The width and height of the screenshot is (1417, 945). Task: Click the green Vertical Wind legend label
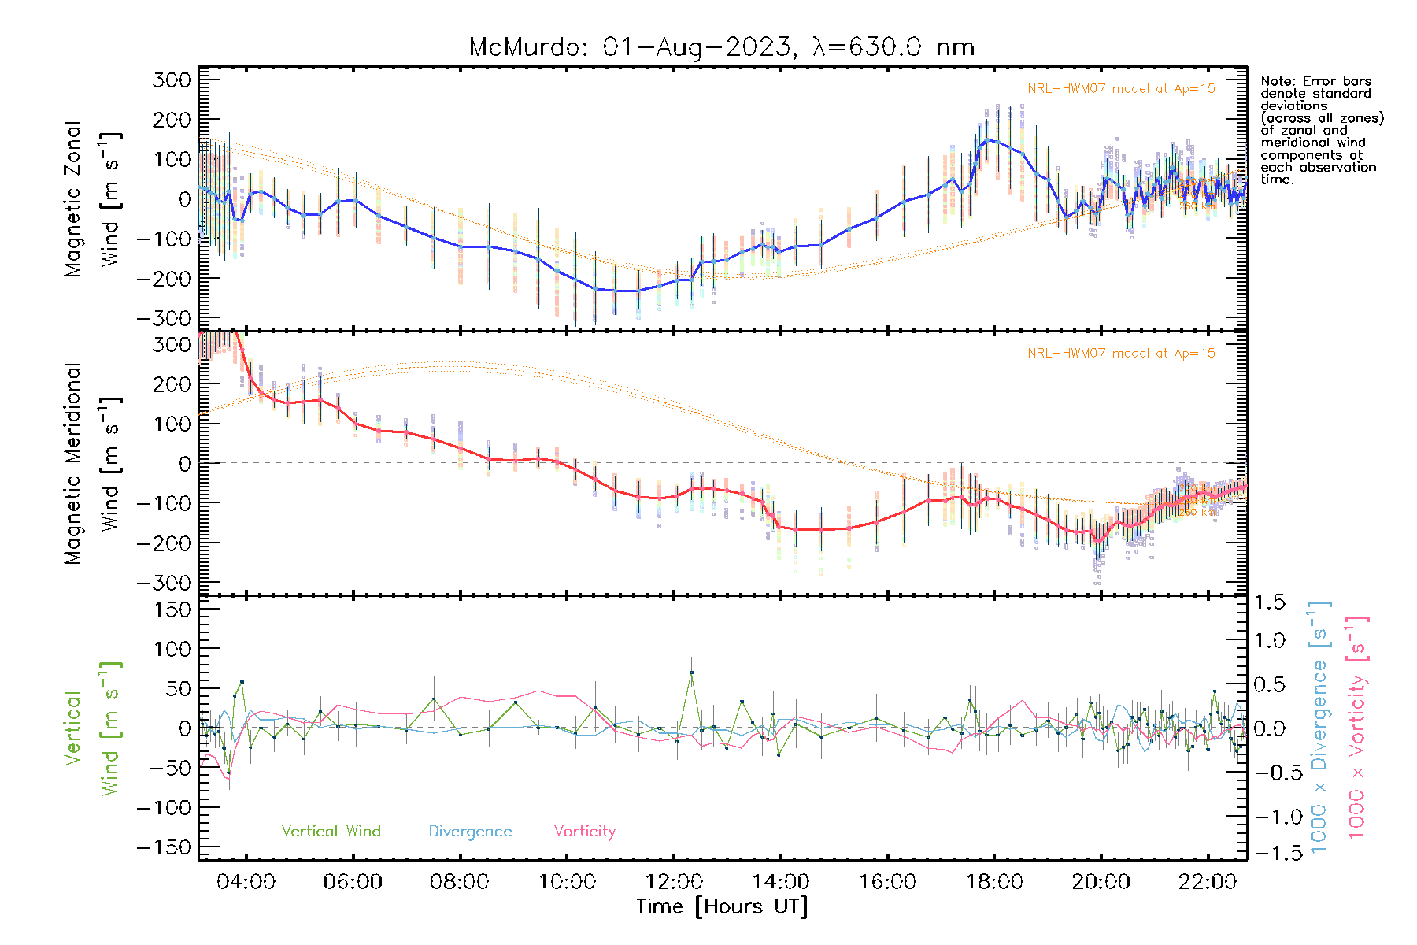pyautogui.click(x=331, y=831)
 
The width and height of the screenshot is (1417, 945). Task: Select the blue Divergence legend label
pyautogui.click(x=470, y=831)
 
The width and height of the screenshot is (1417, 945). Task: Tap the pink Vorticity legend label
pyautogui.click(x=584, y=831)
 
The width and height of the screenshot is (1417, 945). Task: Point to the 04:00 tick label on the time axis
pyautogui.click(x=246, y=882)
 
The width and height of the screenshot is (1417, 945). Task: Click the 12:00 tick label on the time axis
pyautogui.click(x=674, y=882)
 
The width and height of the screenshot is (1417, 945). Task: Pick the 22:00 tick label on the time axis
pyautogui.click(x=1208, y=882)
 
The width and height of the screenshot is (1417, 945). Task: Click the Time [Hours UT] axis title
pyautogui.click(x=722, y=906)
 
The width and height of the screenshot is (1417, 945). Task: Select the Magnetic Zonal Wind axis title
pyautogui.click(x=92, y=198)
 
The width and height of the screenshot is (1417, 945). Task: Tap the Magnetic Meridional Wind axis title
pyautogui.click(x=92, y=463)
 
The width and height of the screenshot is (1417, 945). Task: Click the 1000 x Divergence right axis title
pyautogui.click(x=1319, y=728)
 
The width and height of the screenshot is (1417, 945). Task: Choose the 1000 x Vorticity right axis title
pyautogui.click(x=1357, y=728)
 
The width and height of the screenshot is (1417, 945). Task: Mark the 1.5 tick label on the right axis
pyautogui.click(x=1270, y=602)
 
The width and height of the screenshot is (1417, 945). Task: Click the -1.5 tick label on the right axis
pyautogui.click(x=1270, y=852)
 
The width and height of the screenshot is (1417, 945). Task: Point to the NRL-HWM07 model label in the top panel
pyautogui.click(x=1121, y=89)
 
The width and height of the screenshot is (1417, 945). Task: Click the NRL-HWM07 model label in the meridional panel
pyautogui.click(x=1121, y=354)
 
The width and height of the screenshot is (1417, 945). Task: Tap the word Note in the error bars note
pyautogui.click(x=1276, y=81)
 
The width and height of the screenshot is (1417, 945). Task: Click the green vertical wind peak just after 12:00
pyautogui.click(x=691, y=673)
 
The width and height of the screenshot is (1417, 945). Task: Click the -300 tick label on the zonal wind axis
pyautogui.click(x=164, y=318)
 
